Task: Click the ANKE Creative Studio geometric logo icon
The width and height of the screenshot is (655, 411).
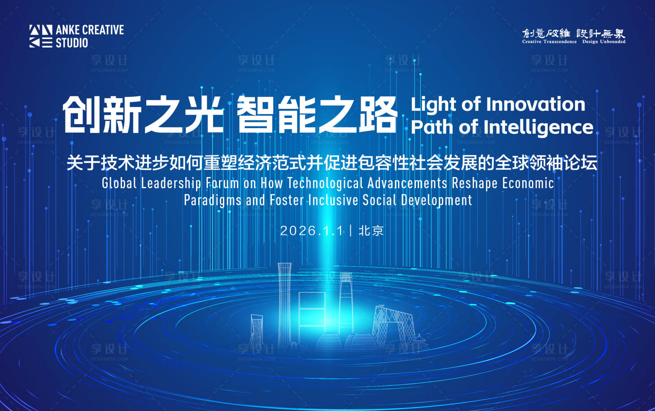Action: (x=41, y=36)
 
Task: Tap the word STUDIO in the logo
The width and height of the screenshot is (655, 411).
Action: (x=72, y=43)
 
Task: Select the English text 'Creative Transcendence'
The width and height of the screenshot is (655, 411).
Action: (x=550, y=42)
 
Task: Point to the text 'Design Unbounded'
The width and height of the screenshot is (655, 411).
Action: (x=604, y=42)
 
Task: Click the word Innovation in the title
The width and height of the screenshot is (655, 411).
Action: (x=536, y=104)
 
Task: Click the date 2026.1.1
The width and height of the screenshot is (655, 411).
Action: (x=312, y=231)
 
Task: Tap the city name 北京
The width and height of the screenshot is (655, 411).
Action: (x=371, y=231)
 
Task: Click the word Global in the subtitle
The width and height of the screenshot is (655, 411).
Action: (x=119, y=183)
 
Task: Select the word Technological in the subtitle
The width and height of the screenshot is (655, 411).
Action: (x=325, y=184)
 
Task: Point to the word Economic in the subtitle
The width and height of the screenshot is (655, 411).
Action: (x=528, y=183)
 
